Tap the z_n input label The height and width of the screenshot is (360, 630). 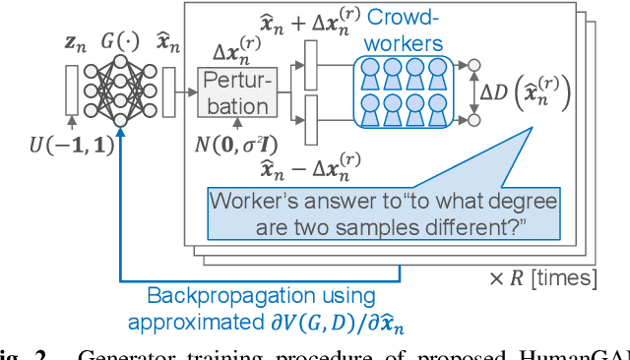tap(74, 45)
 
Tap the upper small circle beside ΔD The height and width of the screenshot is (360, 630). tap(473, 65)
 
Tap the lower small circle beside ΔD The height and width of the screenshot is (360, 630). tap(473, 120)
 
